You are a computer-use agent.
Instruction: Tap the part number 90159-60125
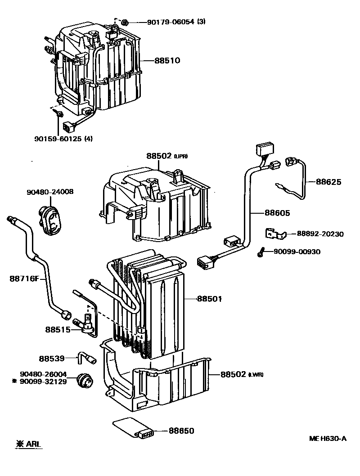coord(57,139)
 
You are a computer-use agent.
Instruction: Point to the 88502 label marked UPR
coord(159,156)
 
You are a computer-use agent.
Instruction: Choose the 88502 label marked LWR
coord(233,374)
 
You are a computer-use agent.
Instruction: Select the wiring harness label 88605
coord(277,213)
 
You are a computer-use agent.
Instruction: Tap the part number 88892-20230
coord(320,234)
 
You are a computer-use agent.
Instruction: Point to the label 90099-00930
coord(297,252)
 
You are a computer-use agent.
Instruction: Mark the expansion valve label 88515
coord(57,329)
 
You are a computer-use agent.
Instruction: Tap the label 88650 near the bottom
coord(181,431)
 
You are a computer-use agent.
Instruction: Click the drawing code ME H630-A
coord(328,438)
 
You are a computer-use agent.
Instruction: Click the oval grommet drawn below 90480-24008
coord(52,220)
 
